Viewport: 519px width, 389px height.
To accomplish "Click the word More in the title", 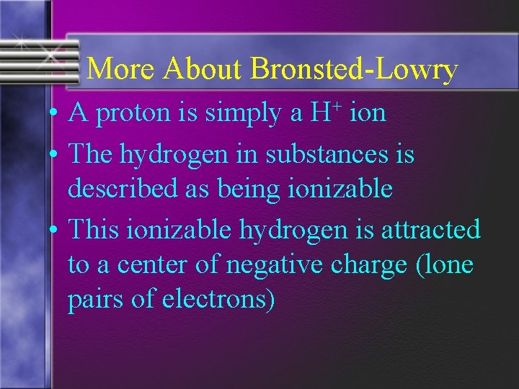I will [120, 69].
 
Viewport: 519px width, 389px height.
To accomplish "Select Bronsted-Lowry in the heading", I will [354, 69].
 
